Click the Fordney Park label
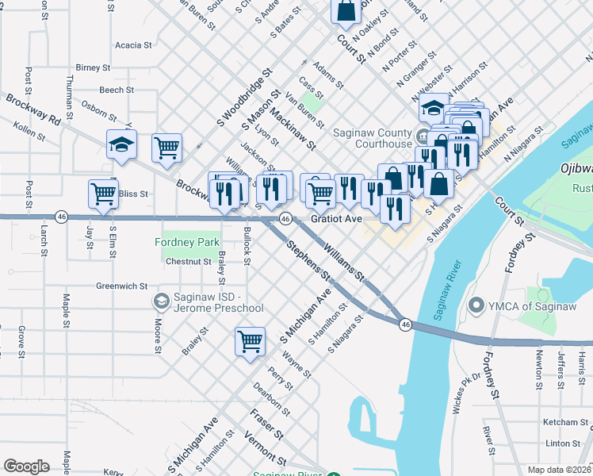click(x=189, y=241)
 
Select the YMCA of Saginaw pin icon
click(x=476, y=305)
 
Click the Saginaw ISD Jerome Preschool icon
click(x=161, y=301)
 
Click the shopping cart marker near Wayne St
click(x=250, y=341)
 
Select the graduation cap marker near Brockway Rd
click(x=122, y=144)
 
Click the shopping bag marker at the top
click(x=346, y=11)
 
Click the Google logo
click(x=26, y=466)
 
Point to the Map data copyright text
click(x=559, y=470)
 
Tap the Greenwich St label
click(x=122, y=286)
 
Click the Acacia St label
click(x=132, y=45)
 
